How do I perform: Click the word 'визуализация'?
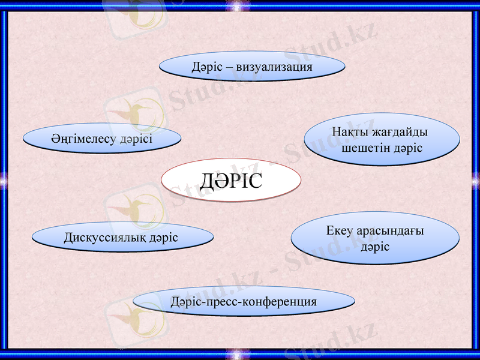pyautogui.click(x=274, y=67)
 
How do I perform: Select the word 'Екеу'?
pyautogui.click(x=340, y=231)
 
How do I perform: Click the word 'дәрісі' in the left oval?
pyautogui.click(x=136, y=138)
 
